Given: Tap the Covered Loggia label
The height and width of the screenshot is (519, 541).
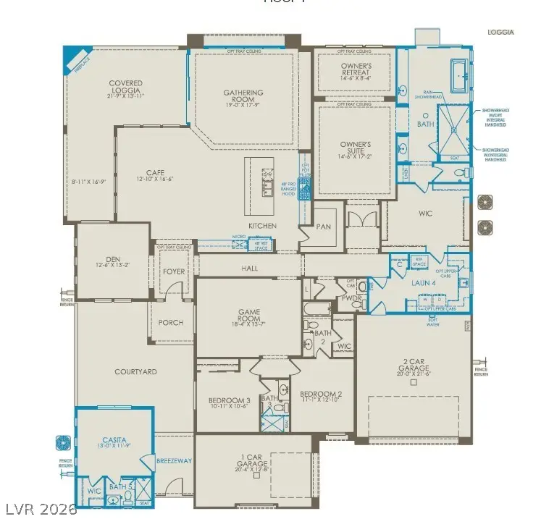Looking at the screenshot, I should [125, 87].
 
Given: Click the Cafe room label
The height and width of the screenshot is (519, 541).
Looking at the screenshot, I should [155, 173].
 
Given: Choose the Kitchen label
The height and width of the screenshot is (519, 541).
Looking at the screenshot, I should [262, 226].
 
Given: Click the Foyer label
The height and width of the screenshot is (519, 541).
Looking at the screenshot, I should [174, 271].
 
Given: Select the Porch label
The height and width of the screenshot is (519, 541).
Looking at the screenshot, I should [171, 322].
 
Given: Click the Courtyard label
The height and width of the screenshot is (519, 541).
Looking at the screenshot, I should [135, 371].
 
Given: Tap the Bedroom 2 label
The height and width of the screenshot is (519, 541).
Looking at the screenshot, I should [320, 395].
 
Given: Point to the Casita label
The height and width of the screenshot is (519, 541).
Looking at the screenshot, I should [114, 439].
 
